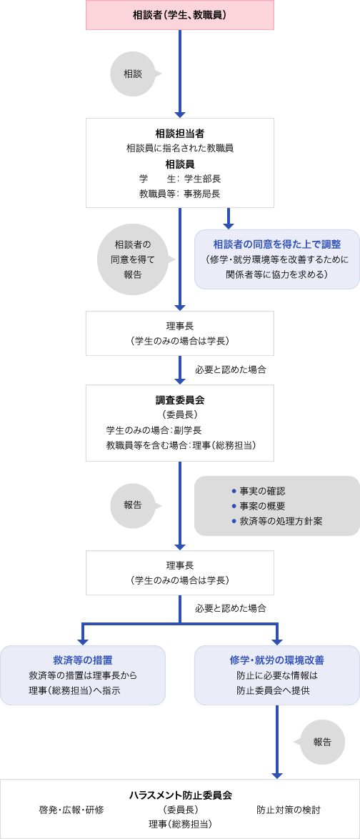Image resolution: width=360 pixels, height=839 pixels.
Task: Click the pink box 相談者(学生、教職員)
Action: (x=180, y=15)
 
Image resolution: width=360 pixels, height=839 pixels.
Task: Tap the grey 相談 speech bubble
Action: (x=134, y=74)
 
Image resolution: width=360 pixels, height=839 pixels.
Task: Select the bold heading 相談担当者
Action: (x=180, y=133)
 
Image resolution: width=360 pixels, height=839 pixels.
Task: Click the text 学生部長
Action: (x=202, y=179)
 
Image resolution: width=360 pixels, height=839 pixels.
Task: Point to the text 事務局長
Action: (x=202, y=194)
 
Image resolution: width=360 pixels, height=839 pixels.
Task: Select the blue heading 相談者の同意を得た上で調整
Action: (x=277, y=244)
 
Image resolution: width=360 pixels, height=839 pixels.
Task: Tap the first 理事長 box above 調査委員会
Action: (x=180, y=333)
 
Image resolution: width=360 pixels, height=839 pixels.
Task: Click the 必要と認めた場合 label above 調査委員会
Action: (x=231, y=369)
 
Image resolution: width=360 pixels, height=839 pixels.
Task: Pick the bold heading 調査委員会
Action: (x=180, y=399)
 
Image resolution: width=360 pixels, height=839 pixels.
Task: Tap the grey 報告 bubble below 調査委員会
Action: (x=134, y=505)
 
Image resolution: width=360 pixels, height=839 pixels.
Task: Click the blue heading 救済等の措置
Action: (x=83, y=660)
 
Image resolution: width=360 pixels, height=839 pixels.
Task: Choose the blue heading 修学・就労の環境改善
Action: (x=277, y=660)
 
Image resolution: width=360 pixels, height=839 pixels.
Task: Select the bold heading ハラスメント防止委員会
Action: (x=180, y=795)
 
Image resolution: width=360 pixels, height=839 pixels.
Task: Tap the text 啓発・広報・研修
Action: (x=71, y=810)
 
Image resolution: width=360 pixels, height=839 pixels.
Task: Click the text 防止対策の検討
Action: (x=289, y=810)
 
